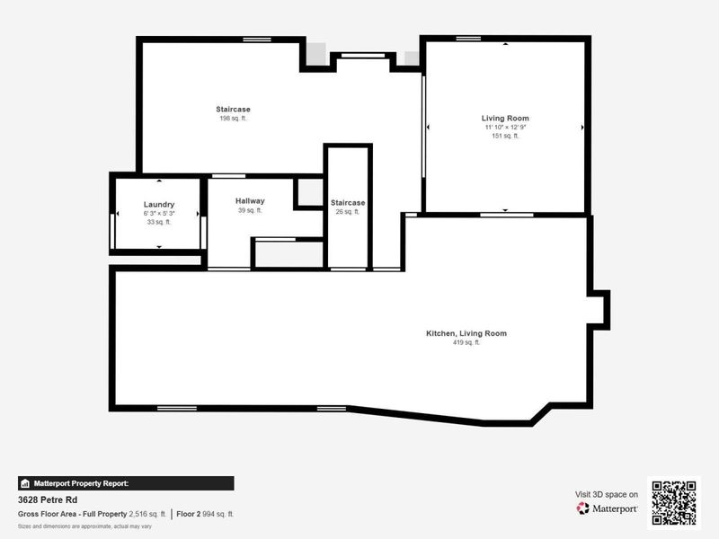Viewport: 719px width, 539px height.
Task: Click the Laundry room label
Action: click(158, 205)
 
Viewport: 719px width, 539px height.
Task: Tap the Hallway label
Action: click(250, 200)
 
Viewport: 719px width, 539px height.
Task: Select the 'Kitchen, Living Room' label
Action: click(466, 333)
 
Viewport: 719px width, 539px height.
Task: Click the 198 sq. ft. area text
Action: click(233, 119)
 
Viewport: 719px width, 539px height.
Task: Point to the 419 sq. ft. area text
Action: click(466, 342)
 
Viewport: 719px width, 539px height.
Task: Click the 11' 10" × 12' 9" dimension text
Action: click(504, 128)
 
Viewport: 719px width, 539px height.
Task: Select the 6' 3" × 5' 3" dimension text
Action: click(158, 213)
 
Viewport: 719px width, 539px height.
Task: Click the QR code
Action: click(674, 502)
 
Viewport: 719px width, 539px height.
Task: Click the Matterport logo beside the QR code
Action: click(608, 508)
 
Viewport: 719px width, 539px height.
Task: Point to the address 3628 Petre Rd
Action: click(47, 499)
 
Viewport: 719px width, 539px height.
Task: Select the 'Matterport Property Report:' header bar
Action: click(126, 482)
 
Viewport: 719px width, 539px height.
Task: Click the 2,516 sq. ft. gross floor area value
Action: click(147, 514)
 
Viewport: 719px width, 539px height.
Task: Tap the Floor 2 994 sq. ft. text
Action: click(204, 514)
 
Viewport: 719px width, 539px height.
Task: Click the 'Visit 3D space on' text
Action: click(607, 494)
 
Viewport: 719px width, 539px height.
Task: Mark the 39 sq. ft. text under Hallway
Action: click(250, 210)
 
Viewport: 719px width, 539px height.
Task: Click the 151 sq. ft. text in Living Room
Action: click(504, 137)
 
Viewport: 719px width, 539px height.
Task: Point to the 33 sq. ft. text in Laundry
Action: click(158, 222)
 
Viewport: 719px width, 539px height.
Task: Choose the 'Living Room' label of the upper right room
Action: click(504, 118)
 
